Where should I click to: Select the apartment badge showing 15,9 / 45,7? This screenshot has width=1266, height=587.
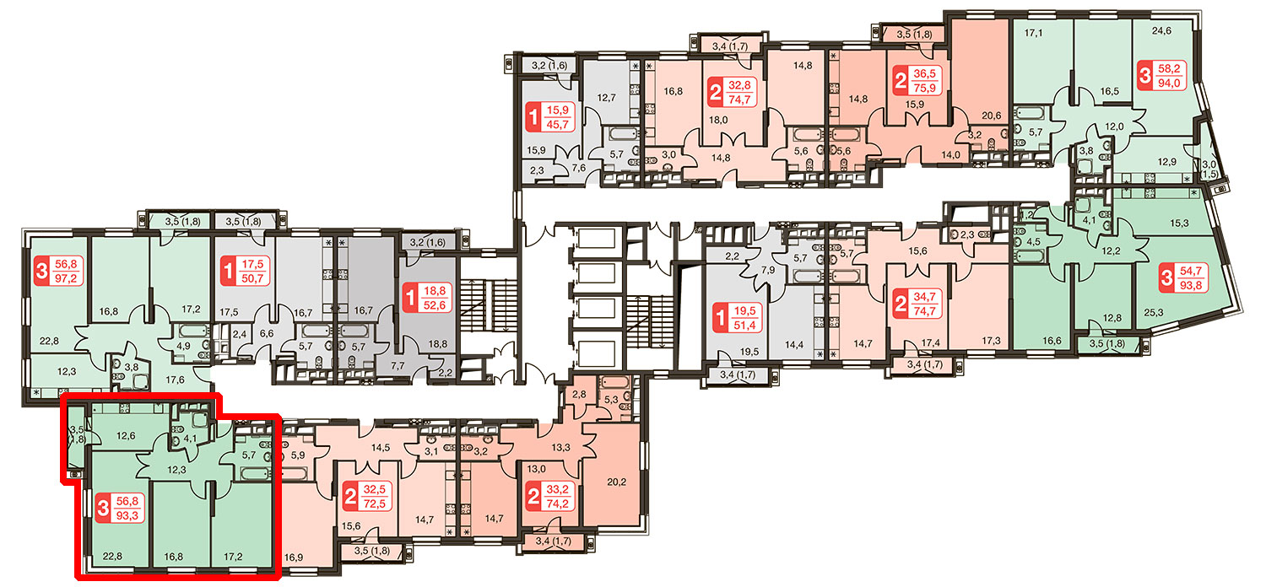point(550,117)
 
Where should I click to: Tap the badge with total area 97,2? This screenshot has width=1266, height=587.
point(59,272)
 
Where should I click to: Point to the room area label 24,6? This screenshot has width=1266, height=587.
point(1161,31)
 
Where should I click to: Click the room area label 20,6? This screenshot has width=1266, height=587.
point(992,116)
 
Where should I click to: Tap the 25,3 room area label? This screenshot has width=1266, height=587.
point(1154,312)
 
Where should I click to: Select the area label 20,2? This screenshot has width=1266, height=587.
point(617,482)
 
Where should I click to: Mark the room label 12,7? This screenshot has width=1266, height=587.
point(607,98)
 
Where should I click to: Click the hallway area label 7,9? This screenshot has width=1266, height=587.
point(767,270)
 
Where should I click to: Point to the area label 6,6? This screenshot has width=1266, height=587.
point(266,333)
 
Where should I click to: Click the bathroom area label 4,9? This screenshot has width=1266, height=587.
point(183,346)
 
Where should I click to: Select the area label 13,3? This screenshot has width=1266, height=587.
point(560,448)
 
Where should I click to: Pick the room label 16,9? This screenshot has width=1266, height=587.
point(294,557)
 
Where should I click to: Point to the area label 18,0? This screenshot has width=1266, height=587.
point(718,120)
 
